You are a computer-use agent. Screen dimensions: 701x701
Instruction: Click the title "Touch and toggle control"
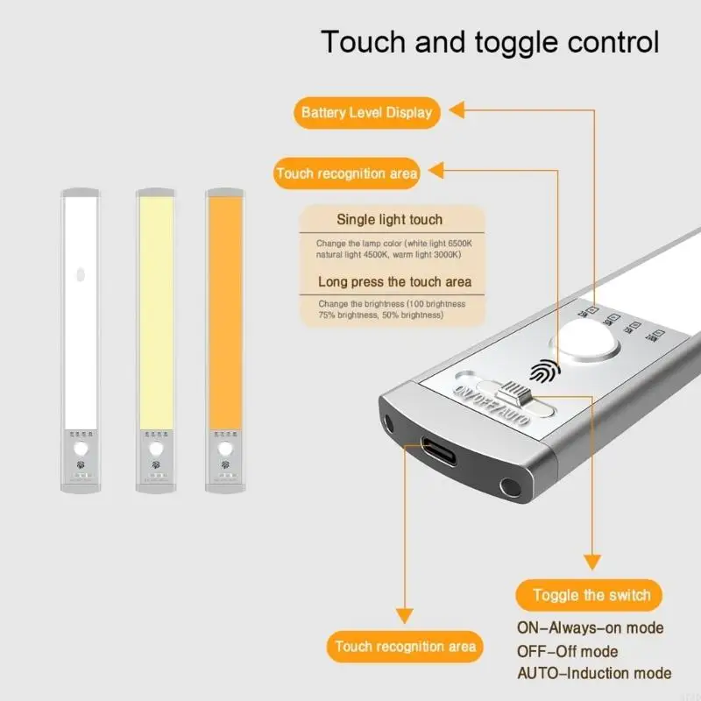click(x=489, y=41)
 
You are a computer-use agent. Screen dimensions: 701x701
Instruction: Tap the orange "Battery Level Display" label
click(x=366, y=112)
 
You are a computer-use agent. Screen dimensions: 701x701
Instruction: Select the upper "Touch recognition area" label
click(x=346, y=173)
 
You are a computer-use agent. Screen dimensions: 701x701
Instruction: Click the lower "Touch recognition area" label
click(x=405, y=647)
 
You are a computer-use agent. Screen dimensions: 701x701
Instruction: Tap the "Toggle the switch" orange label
click(x=592, y=596)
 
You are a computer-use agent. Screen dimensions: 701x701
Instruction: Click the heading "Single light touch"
click(x=389, y=220)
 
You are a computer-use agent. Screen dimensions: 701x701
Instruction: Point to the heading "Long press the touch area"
click(x=394, y=282)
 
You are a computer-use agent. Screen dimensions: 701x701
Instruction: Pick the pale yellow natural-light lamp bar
click(x=156, y=307)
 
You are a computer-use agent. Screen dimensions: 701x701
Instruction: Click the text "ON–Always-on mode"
click(x=589, y=628)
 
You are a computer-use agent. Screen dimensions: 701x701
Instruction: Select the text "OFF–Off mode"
click(x=567, y=651)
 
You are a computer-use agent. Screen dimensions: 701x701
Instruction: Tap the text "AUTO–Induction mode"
click(x=594, y=673)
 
